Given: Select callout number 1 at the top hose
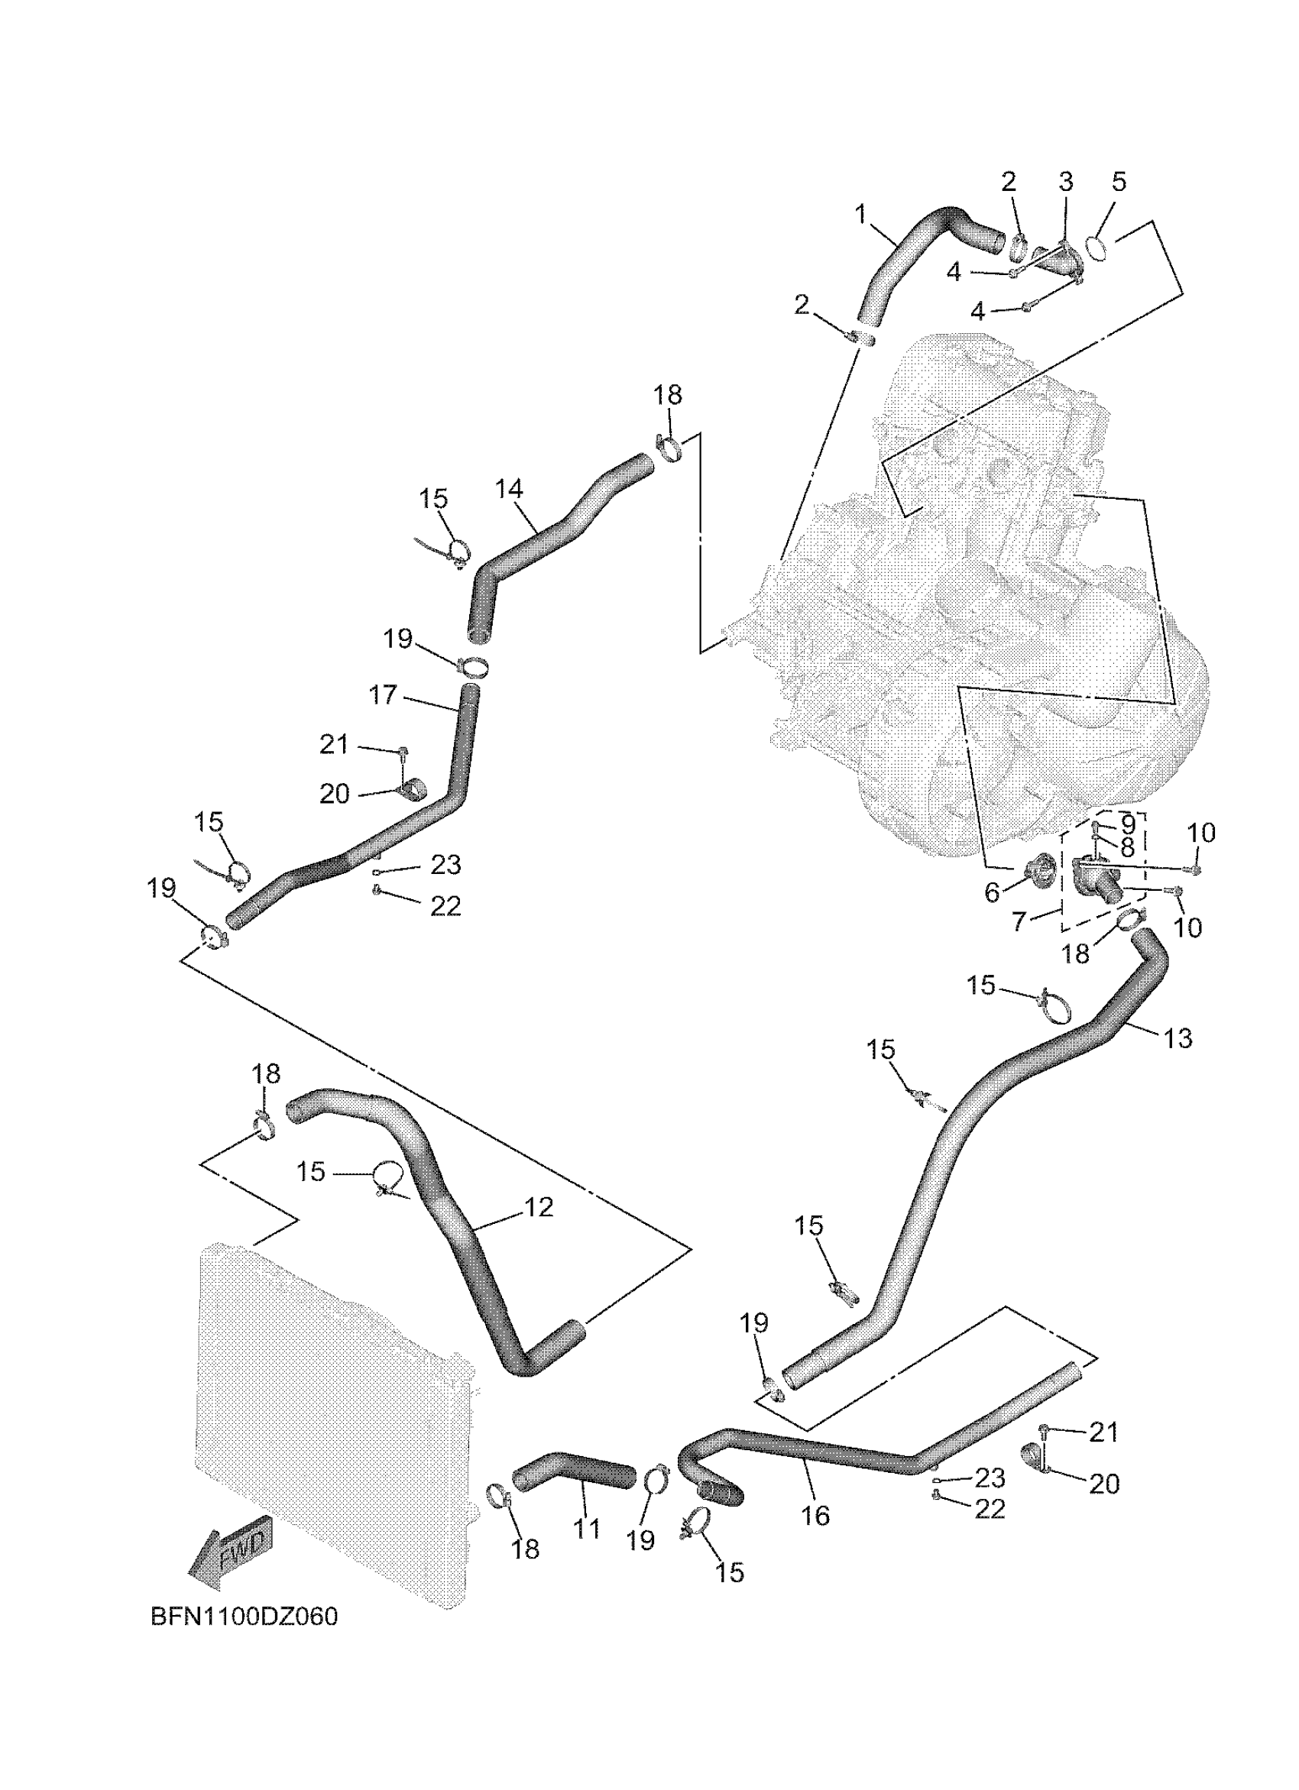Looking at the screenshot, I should pos(860,213).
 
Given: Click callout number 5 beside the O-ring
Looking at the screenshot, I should pos(1118,182).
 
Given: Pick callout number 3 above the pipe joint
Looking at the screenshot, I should pos(1065,182).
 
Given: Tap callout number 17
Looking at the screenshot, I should pos(383,694).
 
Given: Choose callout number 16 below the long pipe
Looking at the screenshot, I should pos(815,1515).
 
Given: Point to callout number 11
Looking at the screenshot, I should pos(586,1529).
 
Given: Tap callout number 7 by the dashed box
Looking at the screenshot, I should pos(1019,921).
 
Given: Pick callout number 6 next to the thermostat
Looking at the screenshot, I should pos(992,892).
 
